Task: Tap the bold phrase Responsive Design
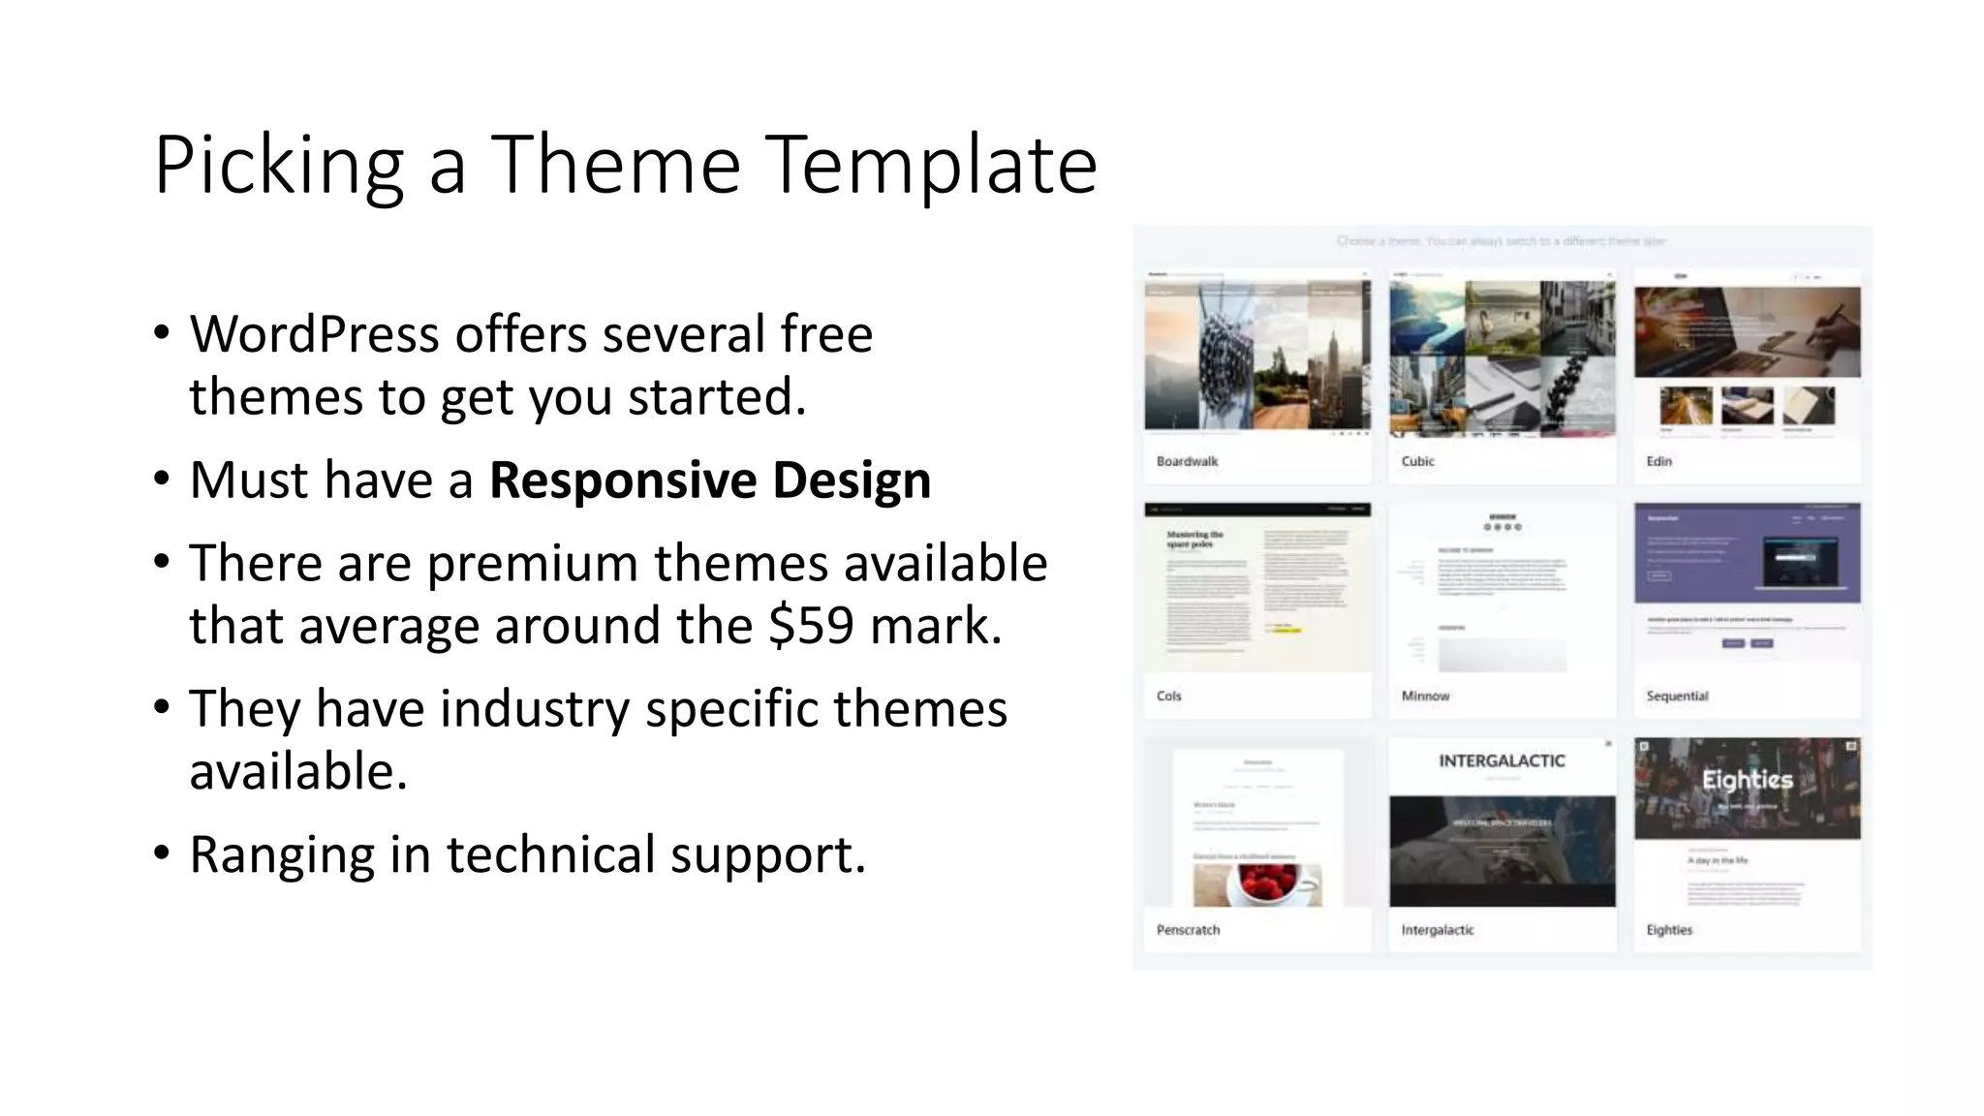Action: coord(710,480)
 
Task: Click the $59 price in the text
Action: coord(811,626)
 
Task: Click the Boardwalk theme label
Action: coord(1187,461)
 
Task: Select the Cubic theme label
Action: coord(1417,461)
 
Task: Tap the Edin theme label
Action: coord(1658,461)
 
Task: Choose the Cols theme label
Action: coord(1168,696)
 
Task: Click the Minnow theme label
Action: coord(1425,696)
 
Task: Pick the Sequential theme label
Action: coord(1677,696)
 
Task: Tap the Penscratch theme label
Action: coord(1188,929)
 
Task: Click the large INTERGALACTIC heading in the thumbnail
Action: coord(1502,761)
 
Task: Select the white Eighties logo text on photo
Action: coord(1748,780)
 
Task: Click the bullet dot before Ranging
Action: coord(162,853)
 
